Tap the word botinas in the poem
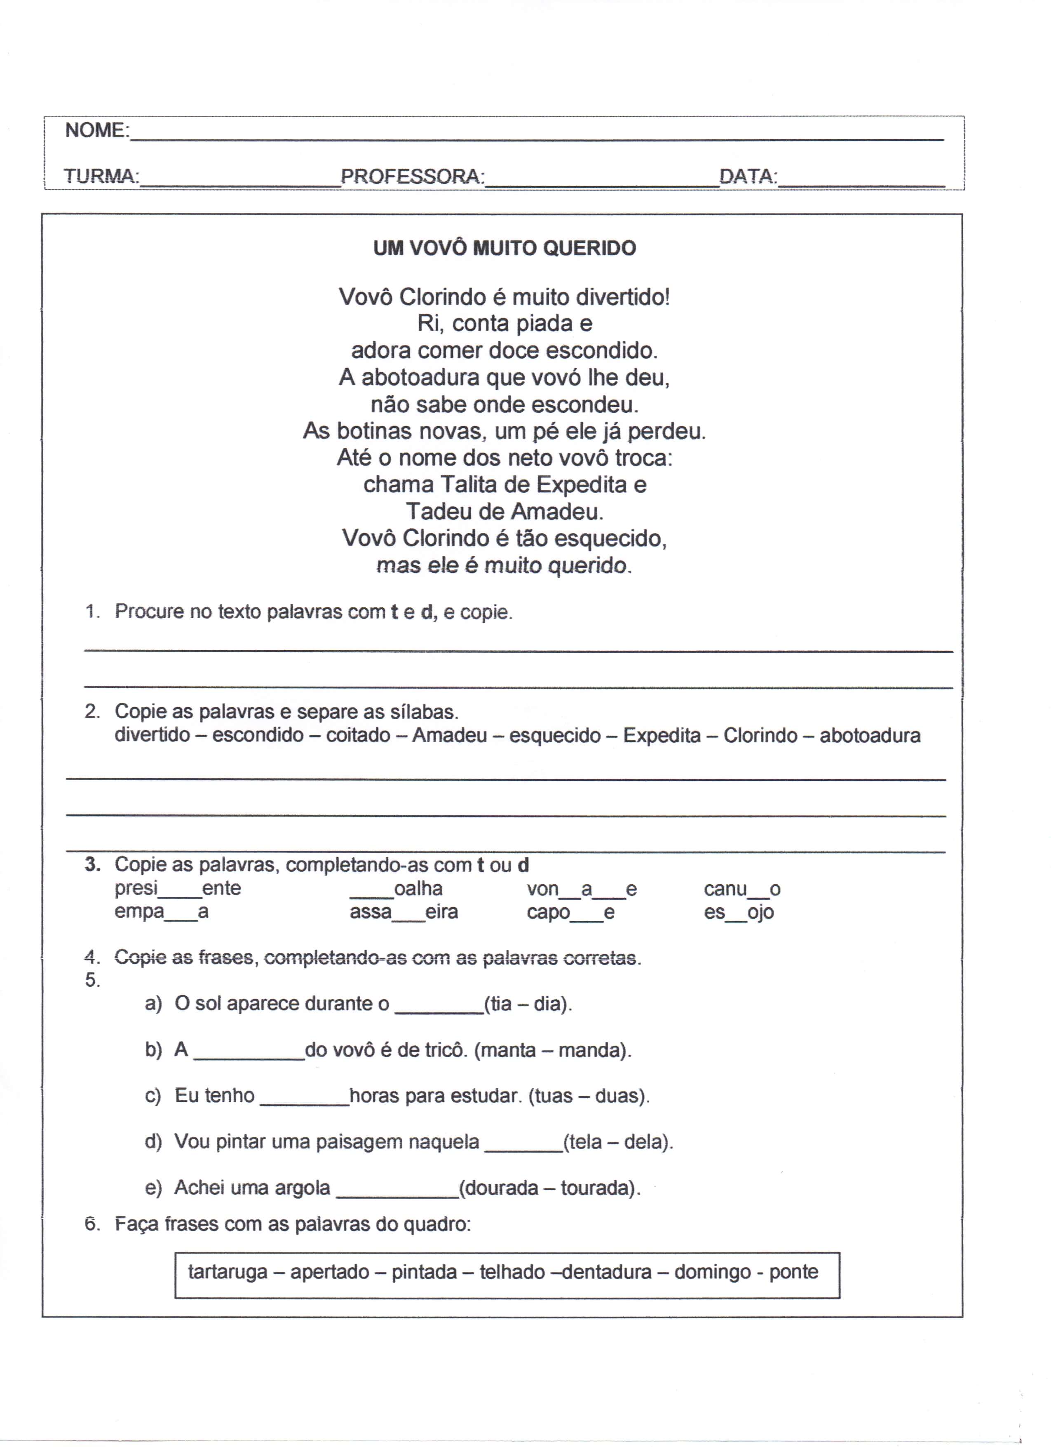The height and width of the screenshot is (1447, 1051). tap(378, 431)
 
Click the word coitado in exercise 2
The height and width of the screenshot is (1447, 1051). tap(358, 736)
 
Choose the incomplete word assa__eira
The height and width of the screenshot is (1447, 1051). tap(404, 912)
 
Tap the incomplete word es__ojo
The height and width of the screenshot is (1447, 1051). tap(739, 912)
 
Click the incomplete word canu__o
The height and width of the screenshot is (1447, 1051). tap(742, 888)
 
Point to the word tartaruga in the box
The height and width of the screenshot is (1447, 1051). tap(228, 1272)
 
